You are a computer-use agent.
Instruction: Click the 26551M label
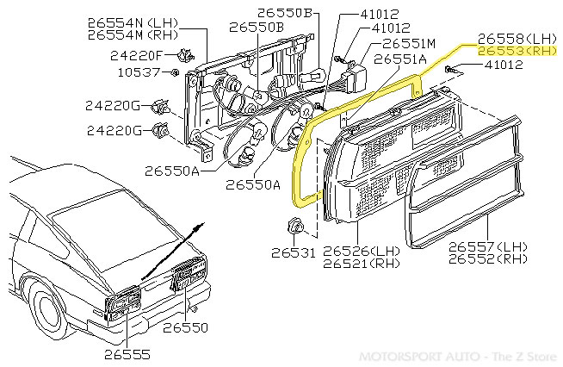pyautogui.click(x=410, y=42)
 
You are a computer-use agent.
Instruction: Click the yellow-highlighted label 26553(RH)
pyautogui.click(x=517, y=51)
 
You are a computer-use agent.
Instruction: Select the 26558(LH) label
pyautogui.click(x=517, y=39)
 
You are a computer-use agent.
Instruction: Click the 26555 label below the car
pyautogui.click(x=127, y=353)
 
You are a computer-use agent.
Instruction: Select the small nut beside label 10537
pyautogui.click(x=175, y=72)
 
